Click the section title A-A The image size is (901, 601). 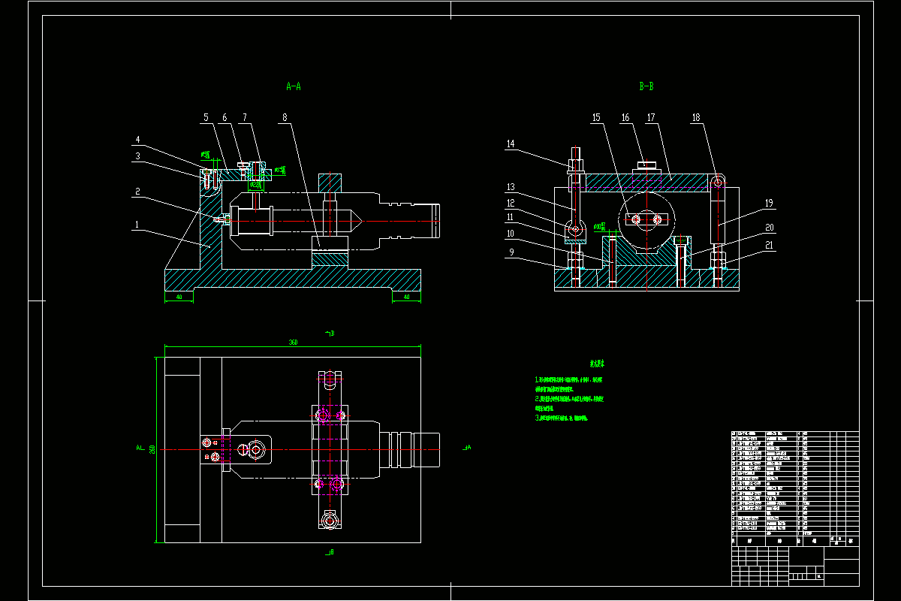[294, 86]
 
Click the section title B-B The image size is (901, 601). [646, 86]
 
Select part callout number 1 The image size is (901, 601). [137, 224]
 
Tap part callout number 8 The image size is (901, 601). [285, 118]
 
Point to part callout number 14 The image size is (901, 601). [511, 143]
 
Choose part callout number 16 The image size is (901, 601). [625, 118]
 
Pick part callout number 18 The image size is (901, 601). [696, 118]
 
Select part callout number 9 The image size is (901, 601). [511, 252]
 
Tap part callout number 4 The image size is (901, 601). [137, 140]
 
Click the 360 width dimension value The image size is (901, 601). [293, 343]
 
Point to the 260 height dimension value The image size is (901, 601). [152, 449]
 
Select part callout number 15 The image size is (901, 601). [596, 118]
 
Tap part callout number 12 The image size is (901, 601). [511, 203]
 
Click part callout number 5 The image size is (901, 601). [205, 118]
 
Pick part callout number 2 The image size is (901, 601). [137, 192]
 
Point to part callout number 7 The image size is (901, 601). [244, 118]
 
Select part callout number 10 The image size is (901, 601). [511, 234]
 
